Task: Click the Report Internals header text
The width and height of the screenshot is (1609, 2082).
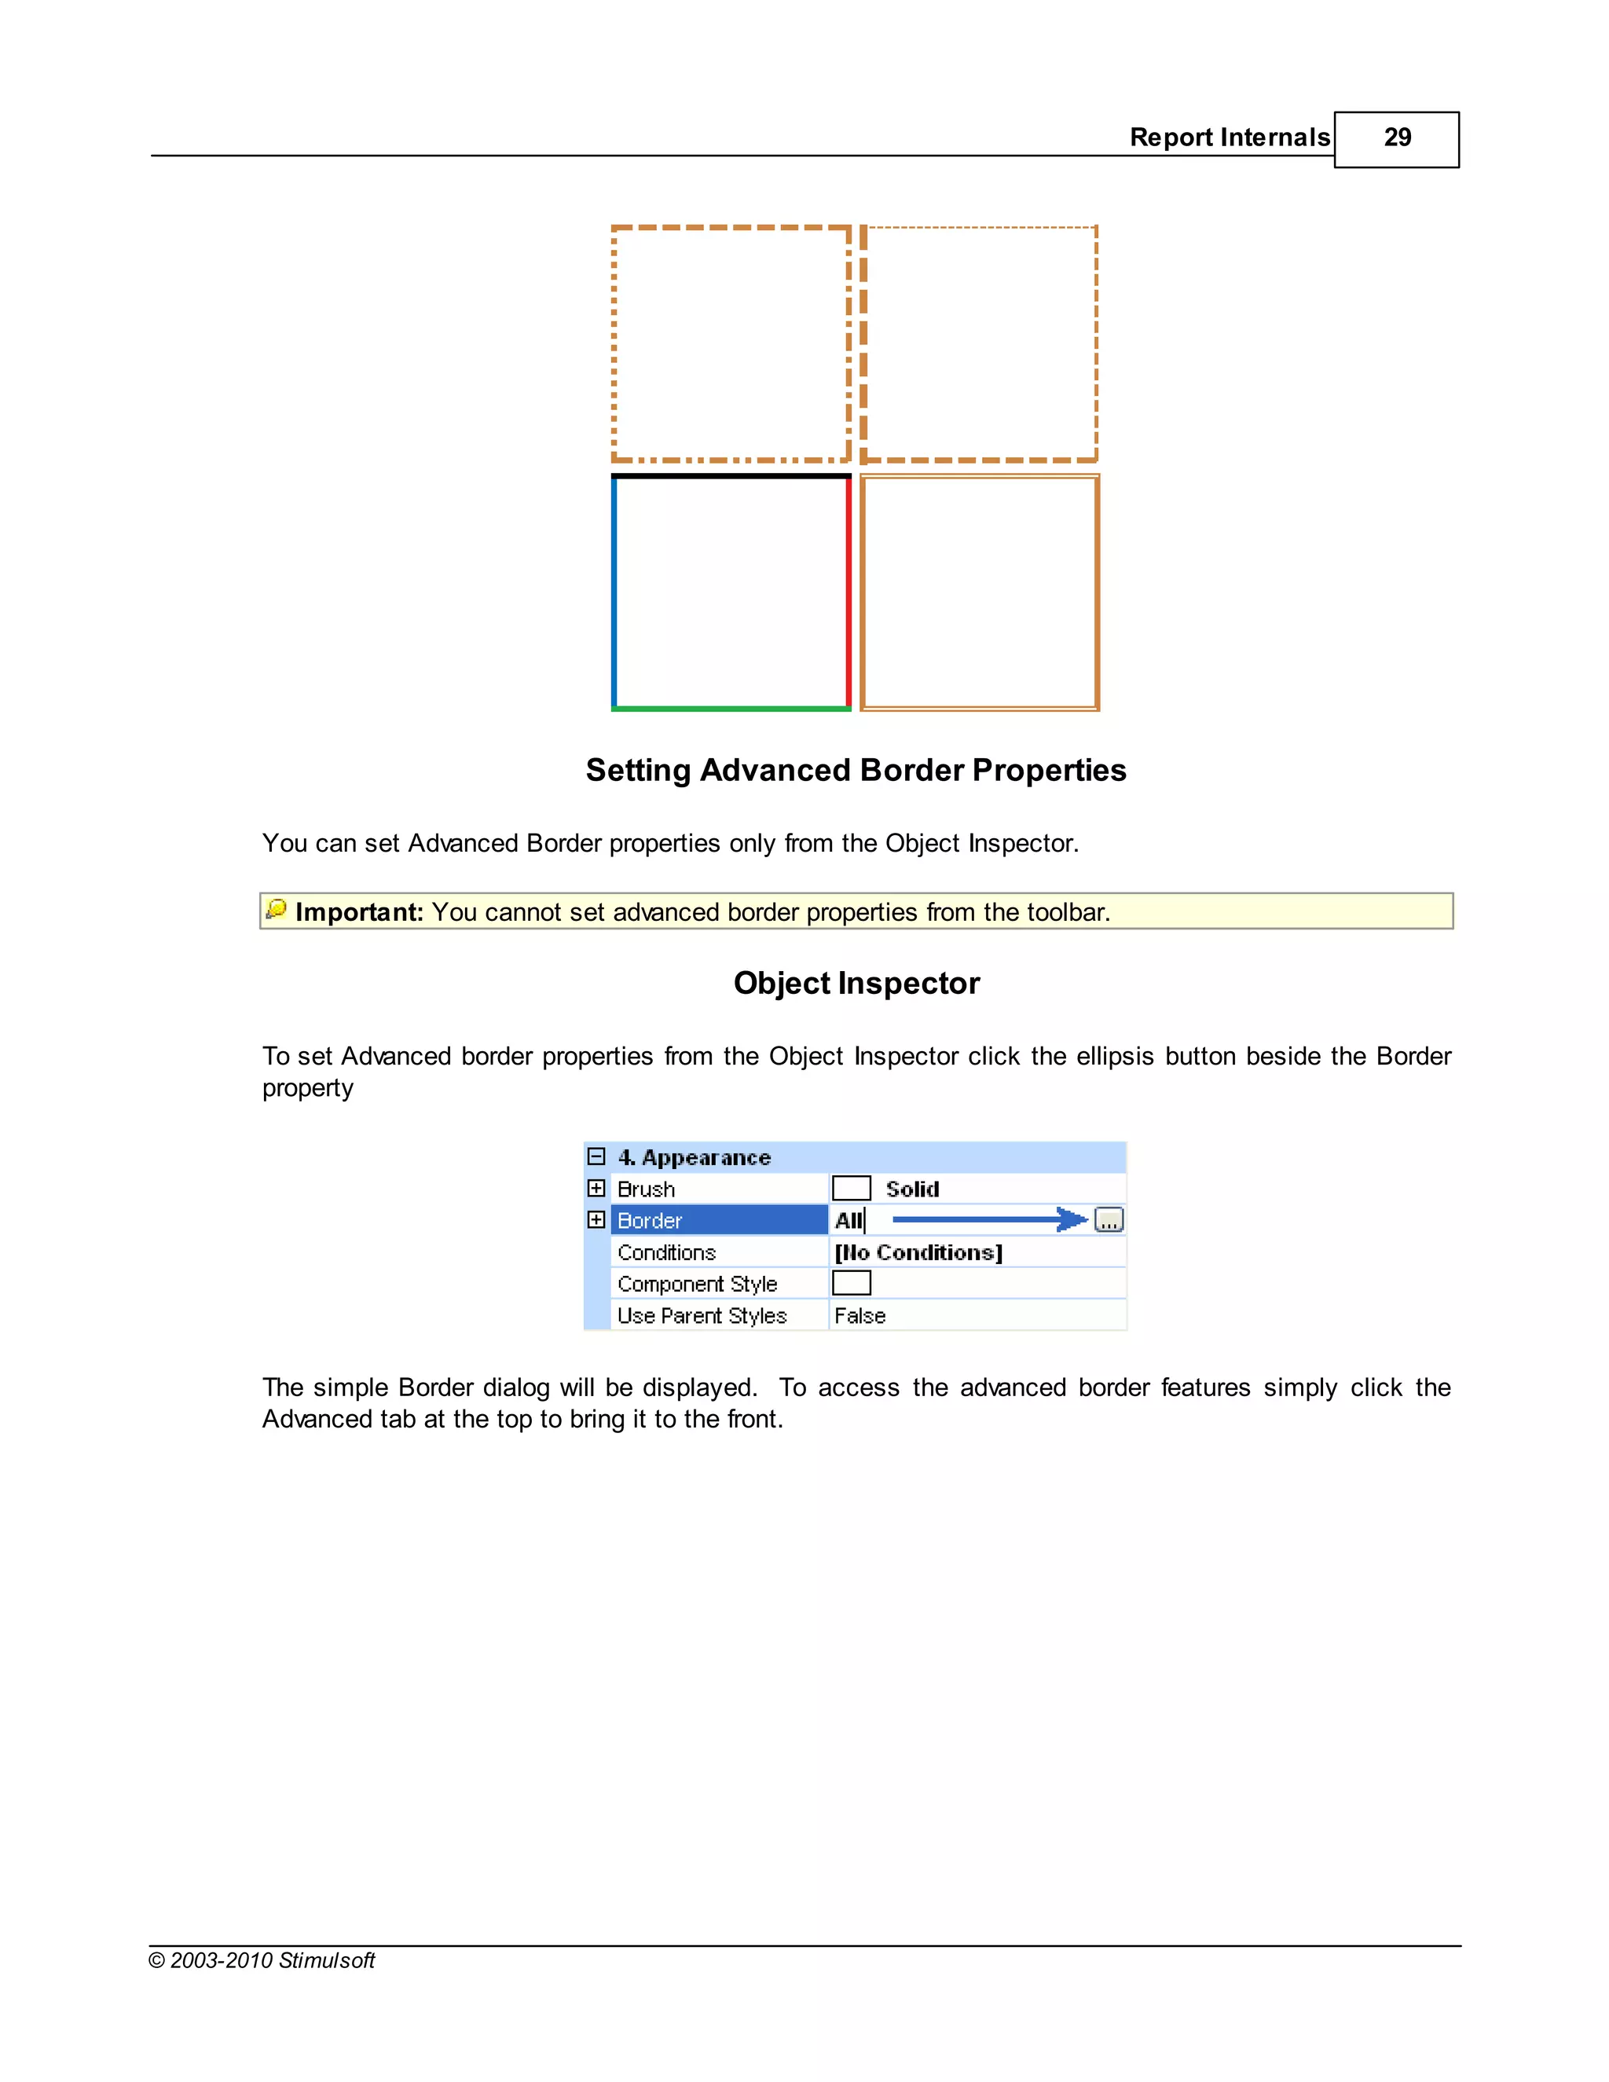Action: [1229, 138]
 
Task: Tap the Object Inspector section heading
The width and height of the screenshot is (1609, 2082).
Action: [856, 983]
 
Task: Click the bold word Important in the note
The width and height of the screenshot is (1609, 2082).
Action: [358, 912]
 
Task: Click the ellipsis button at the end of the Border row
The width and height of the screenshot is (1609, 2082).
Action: [1109, 1220]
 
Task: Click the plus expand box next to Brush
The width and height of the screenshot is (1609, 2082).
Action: [597, 1188]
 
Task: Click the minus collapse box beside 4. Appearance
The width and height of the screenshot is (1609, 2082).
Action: [597, 1156]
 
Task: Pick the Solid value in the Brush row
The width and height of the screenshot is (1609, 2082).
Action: [911, 1189]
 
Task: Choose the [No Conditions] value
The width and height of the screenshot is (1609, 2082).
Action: [918, 1252]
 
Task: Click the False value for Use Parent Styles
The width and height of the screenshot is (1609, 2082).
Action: [859, 1315]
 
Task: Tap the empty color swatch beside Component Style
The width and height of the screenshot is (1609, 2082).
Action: [851, 1283]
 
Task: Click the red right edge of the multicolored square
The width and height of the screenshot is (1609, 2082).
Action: [848, 591]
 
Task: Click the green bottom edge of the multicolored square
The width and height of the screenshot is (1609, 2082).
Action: [731, 709]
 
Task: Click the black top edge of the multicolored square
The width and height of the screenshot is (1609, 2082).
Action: [731, 475]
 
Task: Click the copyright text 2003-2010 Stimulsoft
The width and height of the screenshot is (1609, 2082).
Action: [262, 1961]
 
